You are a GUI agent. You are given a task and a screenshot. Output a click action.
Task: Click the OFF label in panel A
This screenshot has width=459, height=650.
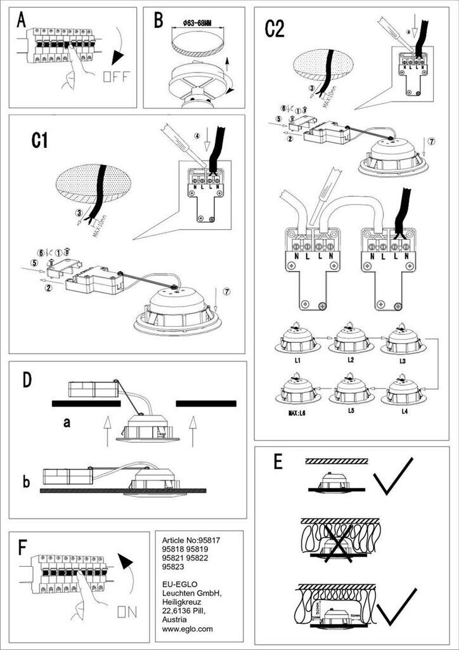click(116, 77)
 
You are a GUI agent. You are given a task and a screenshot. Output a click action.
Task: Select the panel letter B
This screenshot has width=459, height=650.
click(158, 21)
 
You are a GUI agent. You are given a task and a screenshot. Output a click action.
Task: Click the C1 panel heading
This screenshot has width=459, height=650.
click(39, 140)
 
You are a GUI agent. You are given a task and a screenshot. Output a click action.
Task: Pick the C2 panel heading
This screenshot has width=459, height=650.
click(275, 29)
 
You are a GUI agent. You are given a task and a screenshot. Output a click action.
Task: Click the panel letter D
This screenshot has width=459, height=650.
click(27, 380)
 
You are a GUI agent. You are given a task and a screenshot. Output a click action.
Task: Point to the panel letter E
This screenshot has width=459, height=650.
click(278, 462)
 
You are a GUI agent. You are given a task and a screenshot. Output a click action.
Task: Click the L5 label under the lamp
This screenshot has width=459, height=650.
click(350, 411)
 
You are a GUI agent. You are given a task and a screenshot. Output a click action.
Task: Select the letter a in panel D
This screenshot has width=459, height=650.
click(67, 422)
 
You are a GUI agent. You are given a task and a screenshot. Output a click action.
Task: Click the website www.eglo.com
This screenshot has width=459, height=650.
click(188, 629)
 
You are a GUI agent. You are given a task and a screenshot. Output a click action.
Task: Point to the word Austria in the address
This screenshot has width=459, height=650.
click(174, 620)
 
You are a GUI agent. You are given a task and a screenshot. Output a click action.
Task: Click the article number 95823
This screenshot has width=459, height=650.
click(174, 567)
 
